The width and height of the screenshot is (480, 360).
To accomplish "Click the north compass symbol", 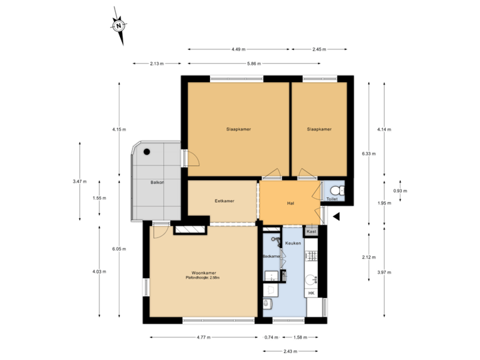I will [118, 26].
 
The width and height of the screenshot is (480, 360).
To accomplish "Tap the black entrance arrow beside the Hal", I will [336, 215].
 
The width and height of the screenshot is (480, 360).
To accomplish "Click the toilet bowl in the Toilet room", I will [333, 190].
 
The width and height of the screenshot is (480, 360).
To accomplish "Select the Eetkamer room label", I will [224, 201].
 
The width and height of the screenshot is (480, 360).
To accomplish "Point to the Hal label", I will [291, 203].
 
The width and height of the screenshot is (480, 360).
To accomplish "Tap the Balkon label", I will [157, 182].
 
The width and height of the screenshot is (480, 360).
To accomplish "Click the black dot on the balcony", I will [147, 151].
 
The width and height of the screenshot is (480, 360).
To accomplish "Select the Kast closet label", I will [311, 232].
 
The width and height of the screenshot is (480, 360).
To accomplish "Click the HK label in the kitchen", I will [311, 293].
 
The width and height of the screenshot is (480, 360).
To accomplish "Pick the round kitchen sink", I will [310, 278].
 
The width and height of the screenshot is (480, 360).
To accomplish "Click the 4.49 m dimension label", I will [239, 49].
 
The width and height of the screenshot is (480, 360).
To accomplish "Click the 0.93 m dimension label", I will [401, 191].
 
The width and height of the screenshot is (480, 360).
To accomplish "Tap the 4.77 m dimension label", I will [203, 337].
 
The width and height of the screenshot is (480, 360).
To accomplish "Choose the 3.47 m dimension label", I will [79, 181].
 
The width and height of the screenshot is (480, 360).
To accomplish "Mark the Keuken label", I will [293, 243].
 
